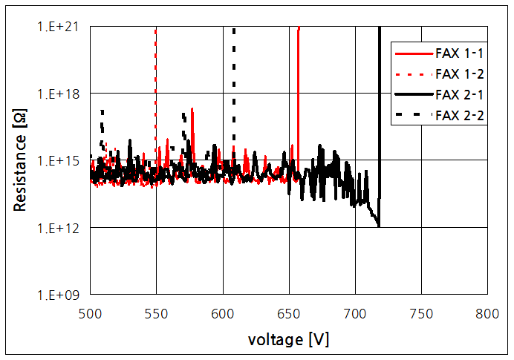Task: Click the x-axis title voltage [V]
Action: [x=289, y=339]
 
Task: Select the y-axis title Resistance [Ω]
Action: [x=20, y=160]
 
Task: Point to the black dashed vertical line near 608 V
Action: [x=234, y=82]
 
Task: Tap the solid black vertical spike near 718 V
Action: [x=380, y=111]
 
